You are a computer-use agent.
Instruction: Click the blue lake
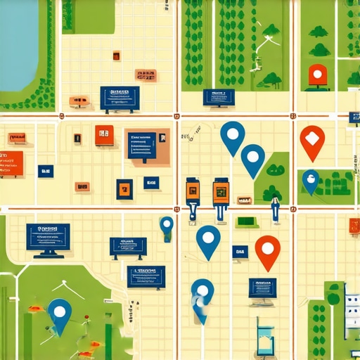click(18, 42)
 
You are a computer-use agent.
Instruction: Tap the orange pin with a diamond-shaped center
click(311, 141)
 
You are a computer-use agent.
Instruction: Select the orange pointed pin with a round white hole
click(267, 252)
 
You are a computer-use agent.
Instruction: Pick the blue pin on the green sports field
click(60, 315)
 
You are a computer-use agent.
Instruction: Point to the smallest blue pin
click(167, 226)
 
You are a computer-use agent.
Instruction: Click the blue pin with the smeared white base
click(202, 298)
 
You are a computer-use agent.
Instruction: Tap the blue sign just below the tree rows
click(218, 98)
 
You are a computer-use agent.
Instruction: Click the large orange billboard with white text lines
click(11, 163)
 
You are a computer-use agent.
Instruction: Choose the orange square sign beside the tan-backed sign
click(104, 134)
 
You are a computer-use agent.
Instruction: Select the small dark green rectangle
click(245, 222)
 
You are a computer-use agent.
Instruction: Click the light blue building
click(266, 336)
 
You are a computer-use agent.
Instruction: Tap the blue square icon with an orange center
click(124, 188)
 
